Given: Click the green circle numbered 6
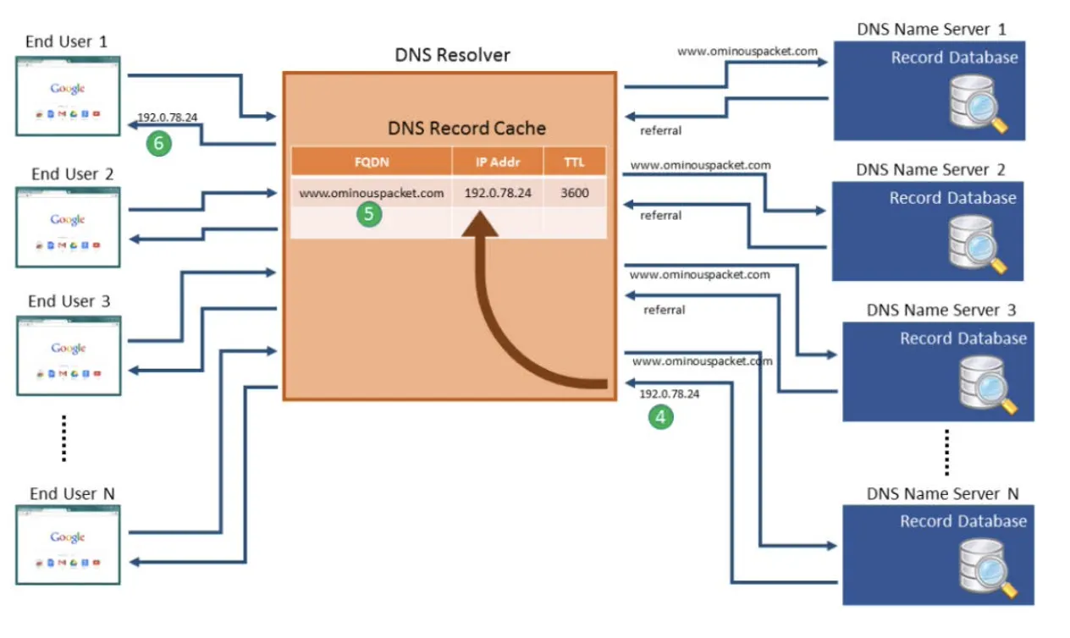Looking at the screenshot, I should [157, 143].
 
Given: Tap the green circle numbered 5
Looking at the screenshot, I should [368, 214].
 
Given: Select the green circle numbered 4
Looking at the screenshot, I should [660, 415].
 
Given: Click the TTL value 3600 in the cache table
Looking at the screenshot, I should [575, 193].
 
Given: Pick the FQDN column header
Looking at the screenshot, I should [372, 162].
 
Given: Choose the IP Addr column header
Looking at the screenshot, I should [498, 162].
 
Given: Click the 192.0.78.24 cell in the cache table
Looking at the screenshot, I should [498, 193].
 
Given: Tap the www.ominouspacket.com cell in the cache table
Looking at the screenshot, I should [372, 193].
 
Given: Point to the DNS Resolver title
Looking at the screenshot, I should [453, 56].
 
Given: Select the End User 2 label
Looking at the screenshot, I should [72, 174].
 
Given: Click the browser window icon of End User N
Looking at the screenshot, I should [68, 544].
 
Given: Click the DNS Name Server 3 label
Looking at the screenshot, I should [941, 311].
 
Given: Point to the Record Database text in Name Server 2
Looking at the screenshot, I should [952, 198].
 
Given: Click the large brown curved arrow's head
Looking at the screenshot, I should [484, 224].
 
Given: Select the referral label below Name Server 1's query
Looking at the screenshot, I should [661, 131].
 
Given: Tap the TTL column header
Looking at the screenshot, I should [574, 162].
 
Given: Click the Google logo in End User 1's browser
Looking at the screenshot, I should [68, 89].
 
